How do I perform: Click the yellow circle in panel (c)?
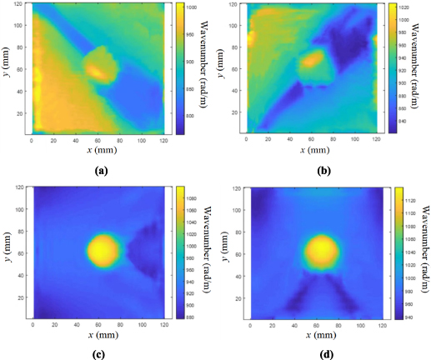point(104,249)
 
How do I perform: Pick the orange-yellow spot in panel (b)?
point(313,60)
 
